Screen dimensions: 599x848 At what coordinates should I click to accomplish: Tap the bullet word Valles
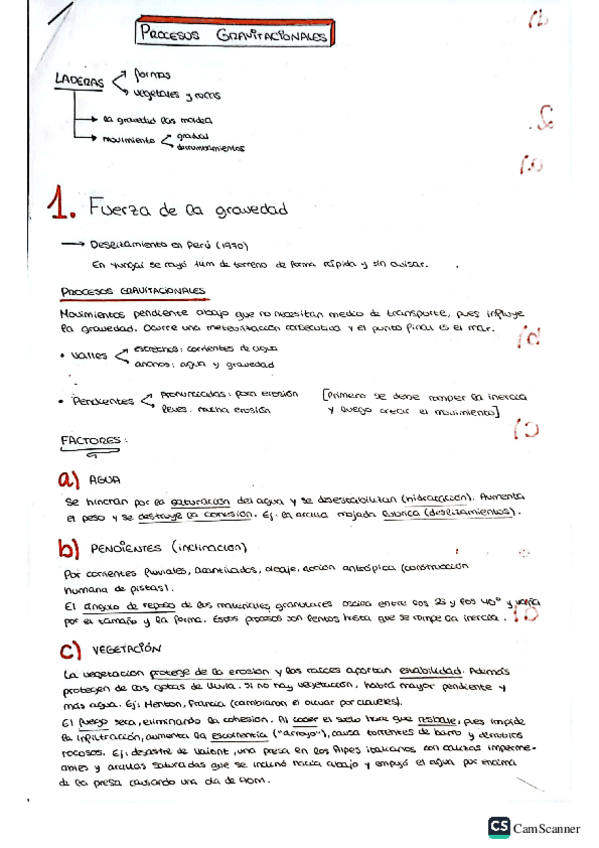[x=91, y=355]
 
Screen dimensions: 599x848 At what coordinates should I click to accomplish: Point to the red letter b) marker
[x=69, y=548]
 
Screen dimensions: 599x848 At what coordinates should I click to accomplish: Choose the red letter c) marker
[x=70, y=651]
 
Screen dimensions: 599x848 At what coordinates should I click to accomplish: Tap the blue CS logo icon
[x=498, y=826]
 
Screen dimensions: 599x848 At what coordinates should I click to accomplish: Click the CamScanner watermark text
[x=547, y=827]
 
